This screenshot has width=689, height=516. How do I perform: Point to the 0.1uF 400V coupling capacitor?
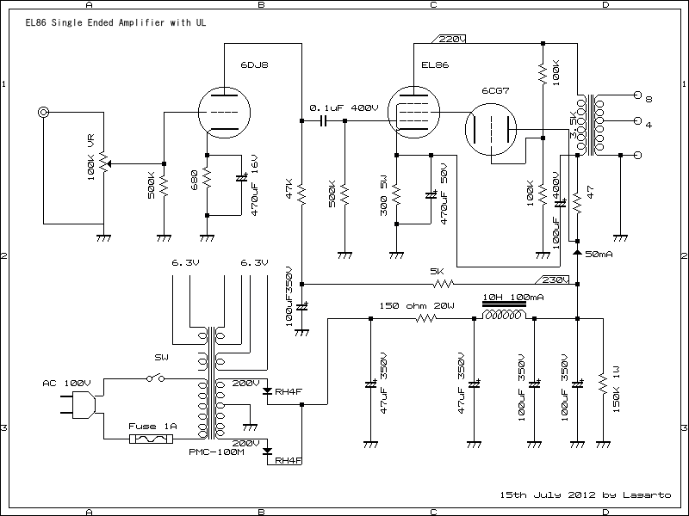pyautogui.click(x=324, y=121)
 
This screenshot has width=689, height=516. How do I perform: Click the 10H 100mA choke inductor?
pyautogui.click(x=504, y=317)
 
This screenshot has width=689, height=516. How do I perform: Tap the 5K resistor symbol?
pyautogui.click(x=444, y=284)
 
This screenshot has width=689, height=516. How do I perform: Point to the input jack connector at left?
pyautogui.click(x=42, y=112)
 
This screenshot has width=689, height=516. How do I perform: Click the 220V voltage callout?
pyautogui.click(x=450, y=40)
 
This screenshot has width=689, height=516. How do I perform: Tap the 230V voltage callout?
pyautogui.click(x=553, y=279)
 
